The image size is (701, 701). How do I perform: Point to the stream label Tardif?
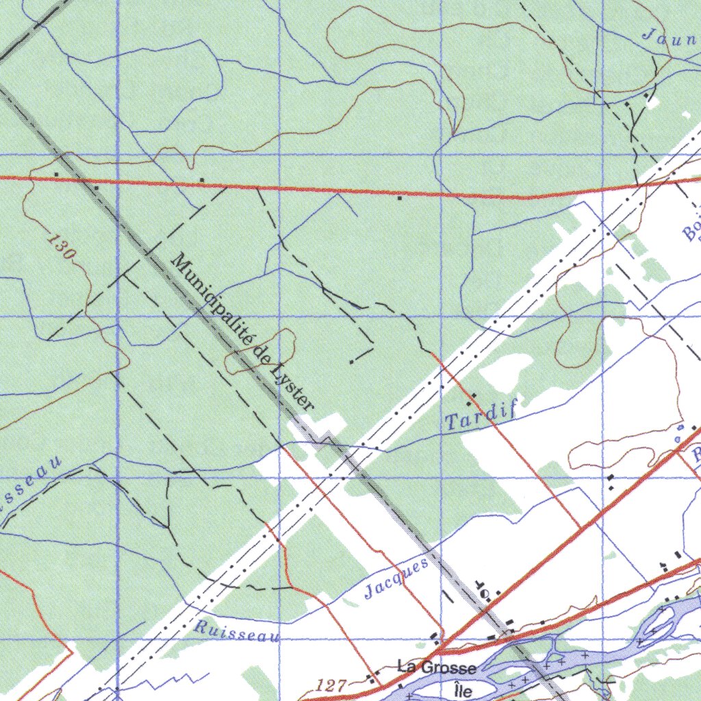480,416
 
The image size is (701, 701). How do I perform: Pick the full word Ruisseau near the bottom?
237,631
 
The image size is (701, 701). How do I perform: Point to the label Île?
463,690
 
